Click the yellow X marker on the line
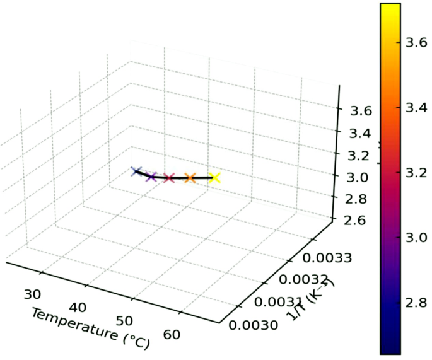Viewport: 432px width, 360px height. point(215,178)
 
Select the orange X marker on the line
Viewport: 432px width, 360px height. point(190,178)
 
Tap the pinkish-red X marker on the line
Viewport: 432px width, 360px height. point(168,178)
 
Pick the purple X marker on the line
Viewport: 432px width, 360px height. point(151,177)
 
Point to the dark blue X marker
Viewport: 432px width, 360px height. point(135,171)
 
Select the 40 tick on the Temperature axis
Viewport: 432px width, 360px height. point(78,307)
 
